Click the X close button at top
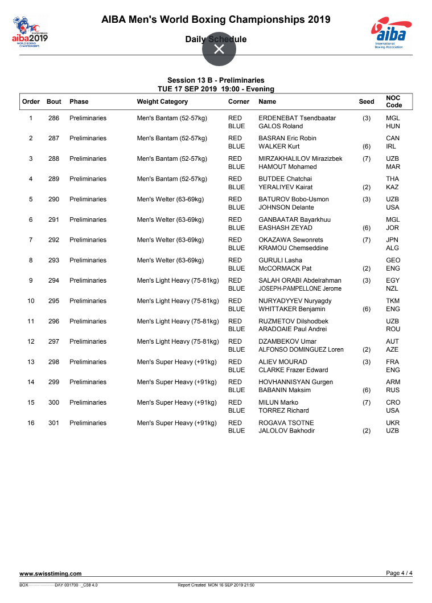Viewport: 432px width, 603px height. point(219,49)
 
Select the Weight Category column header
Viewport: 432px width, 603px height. point(162,101)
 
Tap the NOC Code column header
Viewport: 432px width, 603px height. point(393,101)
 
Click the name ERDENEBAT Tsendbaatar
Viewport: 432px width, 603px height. point(297,118)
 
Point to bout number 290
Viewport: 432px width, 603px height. point(54,199)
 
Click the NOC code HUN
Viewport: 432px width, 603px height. point(393,126)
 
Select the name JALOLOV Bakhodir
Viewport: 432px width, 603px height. point(287,430)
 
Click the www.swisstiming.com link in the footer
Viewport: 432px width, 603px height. point(51,573)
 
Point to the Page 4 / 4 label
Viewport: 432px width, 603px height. point(399,573)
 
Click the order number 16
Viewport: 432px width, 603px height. point(31,423)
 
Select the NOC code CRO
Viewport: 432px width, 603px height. point(393,402)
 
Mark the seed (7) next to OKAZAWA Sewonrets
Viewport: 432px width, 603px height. point(367,240)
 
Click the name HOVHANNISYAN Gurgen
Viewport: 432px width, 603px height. point(295,382)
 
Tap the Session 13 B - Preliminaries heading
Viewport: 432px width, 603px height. point(216,80)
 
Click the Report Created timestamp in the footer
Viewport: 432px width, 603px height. point(216,585)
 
